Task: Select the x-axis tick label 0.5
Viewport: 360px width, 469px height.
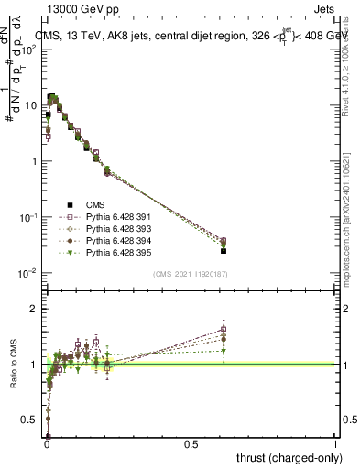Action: [x=191, y=444]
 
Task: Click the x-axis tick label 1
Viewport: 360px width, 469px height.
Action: [x=335, y=444]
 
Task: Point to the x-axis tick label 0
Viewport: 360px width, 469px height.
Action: [x=47, y=444]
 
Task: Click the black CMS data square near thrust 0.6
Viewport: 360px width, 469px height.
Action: [x=224, y=250]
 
